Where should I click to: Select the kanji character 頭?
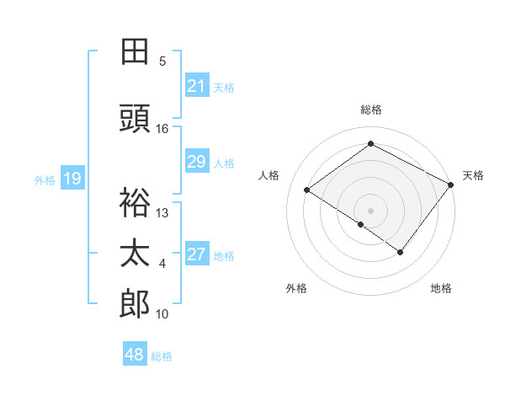pos(135,119)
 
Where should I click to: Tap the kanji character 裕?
pos(135,202)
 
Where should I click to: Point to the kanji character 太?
pos(135,254)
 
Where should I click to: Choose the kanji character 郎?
pos(135,303)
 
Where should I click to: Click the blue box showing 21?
pos(197,86)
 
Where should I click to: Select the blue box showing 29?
pos(197,163)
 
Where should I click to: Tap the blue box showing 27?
pos(197,255)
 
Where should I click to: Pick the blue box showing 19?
pos(72,179)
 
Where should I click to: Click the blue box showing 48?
pos(135,355)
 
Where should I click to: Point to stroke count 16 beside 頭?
pos(162,129)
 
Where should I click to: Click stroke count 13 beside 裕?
pos(162,212)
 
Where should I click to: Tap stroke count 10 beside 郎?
pos(162,314)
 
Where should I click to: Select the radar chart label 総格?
pos(370,110)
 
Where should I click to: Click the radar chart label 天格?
pos(473,175)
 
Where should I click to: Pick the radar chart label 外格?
pos(296,288)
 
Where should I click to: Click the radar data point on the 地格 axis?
pos(401,252)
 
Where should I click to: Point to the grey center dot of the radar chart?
pos(370,210)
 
